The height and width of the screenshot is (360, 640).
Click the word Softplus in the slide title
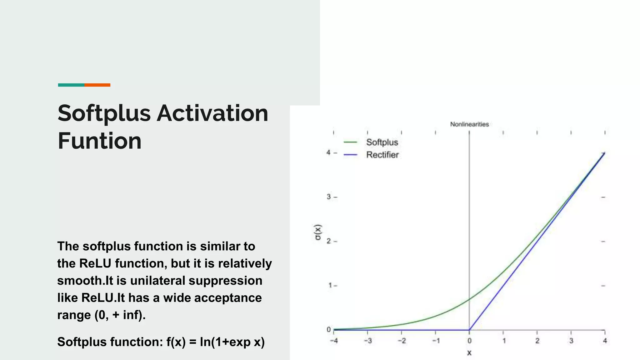click(x=104, y=114)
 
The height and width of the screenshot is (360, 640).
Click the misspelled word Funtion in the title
click(x=99, y=141)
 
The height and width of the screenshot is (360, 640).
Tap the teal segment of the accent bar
click(x=71, y=85)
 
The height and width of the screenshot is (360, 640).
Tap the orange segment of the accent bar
click(x=97, y=85)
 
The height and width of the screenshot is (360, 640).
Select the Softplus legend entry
click(x=382, y=142)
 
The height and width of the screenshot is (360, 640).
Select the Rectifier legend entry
click(x=382, y=155)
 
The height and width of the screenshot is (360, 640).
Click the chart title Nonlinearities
click(x=469, y=124)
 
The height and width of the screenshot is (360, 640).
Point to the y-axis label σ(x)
click(x=317, y=232)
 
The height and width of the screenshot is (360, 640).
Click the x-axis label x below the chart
click(x=469, y=353)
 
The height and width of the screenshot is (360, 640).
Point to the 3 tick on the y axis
click(x=329, y=197)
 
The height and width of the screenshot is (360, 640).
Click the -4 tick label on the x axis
click(x=334, y=341)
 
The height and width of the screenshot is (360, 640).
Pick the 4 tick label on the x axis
click(x=605, y=341)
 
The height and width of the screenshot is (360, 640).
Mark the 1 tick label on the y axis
click(x=330, y=285)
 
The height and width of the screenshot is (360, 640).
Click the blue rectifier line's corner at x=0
click(x=469, y=330)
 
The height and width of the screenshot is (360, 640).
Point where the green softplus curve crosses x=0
click(x=469, y=299)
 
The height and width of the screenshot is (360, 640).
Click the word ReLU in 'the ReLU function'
click(x=95, y=263)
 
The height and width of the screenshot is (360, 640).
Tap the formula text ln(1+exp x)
click(x=232, y=342)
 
